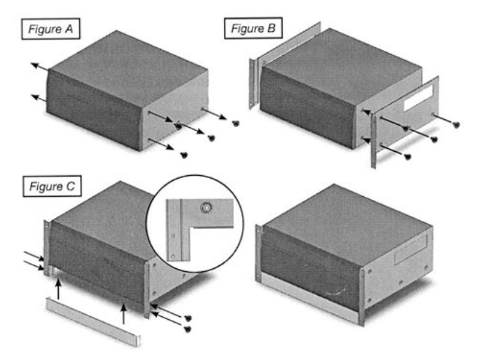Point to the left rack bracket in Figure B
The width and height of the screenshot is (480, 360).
coord(254,78)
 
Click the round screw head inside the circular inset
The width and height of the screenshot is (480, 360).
coord(206,208)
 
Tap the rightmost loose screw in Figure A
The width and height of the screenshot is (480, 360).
coord(235,124)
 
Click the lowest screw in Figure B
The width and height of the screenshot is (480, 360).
coord(407,156)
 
